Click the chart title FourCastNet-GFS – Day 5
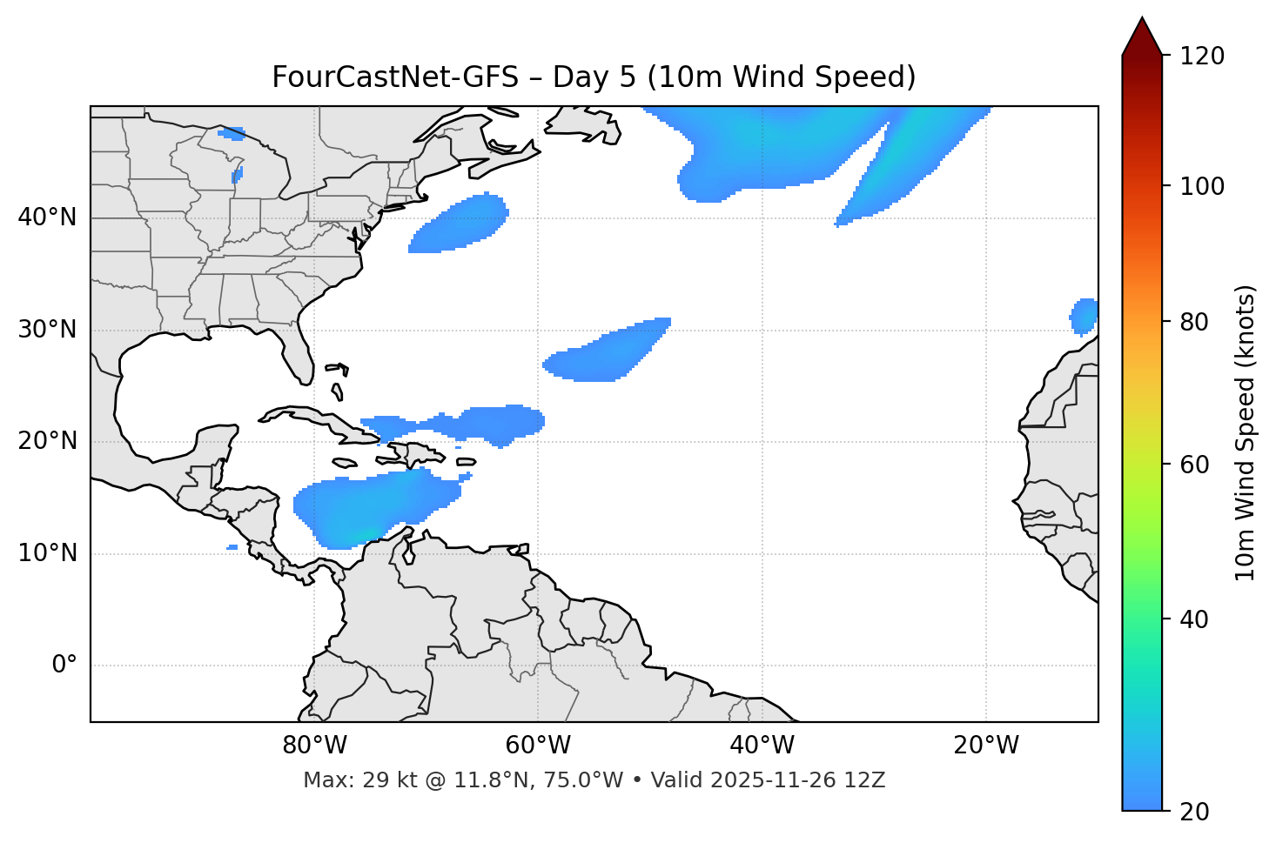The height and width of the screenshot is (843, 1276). [x=594, y=77]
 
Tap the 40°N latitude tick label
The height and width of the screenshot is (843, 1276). [x=47, y=217]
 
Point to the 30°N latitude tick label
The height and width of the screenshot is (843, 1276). [x=47, y=330]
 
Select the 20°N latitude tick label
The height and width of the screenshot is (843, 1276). [x=47, y=441]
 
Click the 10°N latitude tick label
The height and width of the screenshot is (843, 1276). [x=47, y=553]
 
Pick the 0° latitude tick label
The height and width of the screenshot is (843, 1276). [x=64, y=666]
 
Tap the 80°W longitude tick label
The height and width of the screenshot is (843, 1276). [x=314, y=746]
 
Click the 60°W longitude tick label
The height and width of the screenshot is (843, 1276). [x=538, y=746]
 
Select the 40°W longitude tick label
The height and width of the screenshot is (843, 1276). [x=762, y=746]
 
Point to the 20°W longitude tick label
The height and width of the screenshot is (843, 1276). [x=985, y=746]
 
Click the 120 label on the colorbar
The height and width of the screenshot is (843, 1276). [x=1203, y=57]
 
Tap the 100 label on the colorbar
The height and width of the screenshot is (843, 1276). [x=1203, y=186]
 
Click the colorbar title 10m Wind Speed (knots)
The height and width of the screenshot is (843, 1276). [x=1246, y=432]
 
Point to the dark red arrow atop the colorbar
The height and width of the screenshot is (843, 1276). [x=1142, y=37]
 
